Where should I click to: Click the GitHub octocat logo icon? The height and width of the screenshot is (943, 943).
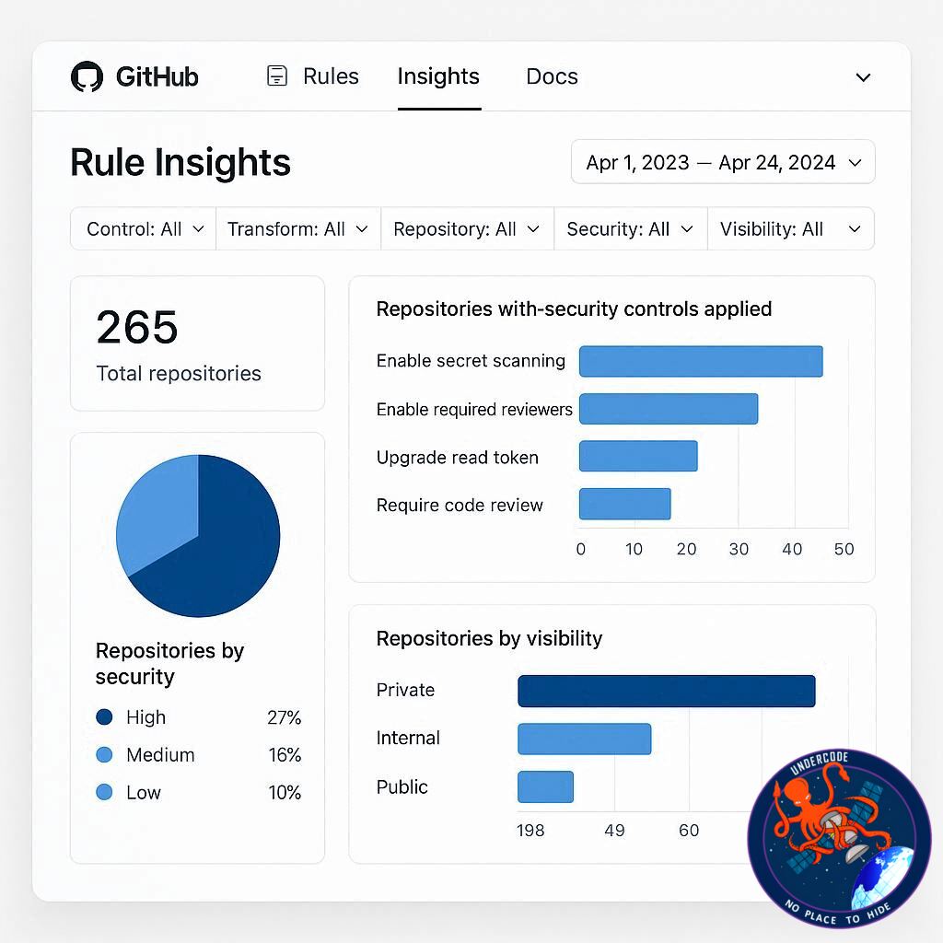pos(87,76)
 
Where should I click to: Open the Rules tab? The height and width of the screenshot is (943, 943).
pos(313,76)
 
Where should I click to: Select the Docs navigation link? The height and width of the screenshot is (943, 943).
pos(552,76)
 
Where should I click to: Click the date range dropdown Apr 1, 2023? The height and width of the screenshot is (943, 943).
pos(723,162)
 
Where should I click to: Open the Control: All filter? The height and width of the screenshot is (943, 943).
pos(144,229)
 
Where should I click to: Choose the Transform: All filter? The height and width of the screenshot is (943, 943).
pos(298,229)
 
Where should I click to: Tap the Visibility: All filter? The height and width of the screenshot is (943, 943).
pos(790,229)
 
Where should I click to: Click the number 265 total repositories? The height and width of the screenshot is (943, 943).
pos(137,328)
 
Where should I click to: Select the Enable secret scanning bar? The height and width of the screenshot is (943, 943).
pos(701,361)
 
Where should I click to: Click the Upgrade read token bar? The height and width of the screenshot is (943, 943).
pos(638,456)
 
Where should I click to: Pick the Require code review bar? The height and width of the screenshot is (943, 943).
pos(625,504)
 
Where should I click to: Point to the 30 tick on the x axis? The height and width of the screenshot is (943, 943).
pos(739,549)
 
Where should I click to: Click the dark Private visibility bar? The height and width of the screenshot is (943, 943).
pos(667,691)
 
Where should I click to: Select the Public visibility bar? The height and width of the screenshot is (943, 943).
pos(545,786)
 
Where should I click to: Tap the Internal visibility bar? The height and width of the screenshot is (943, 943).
pos(585,739)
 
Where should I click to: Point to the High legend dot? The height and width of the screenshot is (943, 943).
pos(104,716)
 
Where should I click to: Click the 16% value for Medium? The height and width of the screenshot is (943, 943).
pos(285,755)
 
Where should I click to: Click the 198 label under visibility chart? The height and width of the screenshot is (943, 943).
pos(530,831)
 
